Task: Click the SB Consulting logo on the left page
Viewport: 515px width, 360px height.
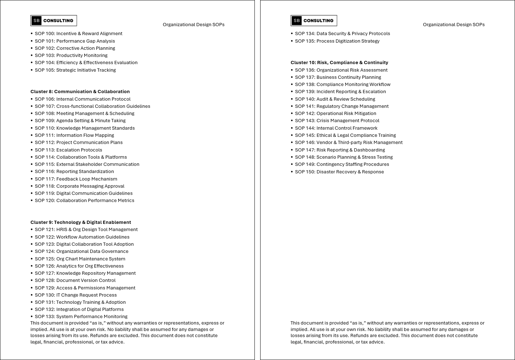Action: [x=54, y=21]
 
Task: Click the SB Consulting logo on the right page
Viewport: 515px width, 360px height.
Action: [x=314, y=21]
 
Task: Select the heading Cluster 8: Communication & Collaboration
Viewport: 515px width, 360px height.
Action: [x=80, y=92]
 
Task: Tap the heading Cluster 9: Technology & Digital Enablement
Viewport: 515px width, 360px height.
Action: [x=81, y=222]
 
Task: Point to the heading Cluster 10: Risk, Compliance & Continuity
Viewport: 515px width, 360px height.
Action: [x=339, y=63]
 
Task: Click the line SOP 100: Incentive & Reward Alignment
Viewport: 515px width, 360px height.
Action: [x=78, y=34]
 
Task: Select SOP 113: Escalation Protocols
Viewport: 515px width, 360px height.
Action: [x=68, y=150]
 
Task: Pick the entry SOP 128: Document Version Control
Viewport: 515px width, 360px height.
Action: [x=75, y=280]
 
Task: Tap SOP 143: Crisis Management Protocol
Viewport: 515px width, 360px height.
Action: [x=337, y=121]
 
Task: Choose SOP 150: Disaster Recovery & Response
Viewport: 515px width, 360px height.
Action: [x=339, y=172]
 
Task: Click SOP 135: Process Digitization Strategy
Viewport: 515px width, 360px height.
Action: [x=337, y=41]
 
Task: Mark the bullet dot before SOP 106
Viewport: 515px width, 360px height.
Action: [x=32, y=99]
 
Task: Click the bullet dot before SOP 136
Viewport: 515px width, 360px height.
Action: [x=292, y=70]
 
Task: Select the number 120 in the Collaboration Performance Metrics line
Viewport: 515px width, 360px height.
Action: [x=50, y=201]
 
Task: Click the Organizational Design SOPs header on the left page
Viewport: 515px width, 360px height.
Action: [x=194, y=25]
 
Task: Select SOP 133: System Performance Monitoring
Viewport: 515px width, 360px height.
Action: [x=81, y=317]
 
